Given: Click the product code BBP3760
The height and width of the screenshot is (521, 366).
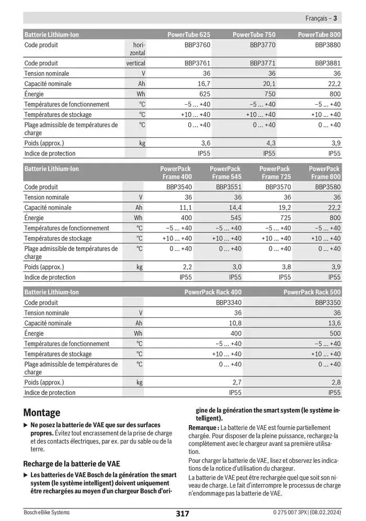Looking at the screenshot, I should [197, 45].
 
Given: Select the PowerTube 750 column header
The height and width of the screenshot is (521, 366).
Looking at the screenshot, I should [254, 35].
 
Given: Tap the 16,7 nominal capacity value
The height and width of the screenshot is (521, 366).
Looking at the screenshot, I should [203, 84].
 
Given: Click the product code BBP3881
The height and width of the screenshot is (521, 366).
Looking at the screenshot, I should [327, 63].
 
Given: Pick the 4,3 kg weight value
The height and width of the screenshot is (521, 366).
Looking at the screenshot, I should [270, 143].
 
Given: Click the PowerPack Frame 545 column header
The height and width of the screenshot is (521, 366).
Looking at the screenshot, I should [225, 173].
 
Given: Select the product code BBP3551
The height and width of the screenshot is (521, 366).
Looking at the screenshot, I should [228, 187].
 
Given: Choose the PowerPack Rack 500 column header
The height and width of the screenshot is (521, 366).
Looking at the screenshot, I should [312, 292].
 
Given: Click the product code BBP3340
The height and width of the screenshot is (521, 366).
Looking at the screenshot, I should [228, 303].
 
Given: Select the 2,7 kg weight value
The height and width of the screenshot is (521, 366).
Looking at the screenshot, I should [236, 383].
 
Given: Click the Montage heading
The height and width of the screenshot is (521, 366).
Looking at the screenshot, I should [42, 413].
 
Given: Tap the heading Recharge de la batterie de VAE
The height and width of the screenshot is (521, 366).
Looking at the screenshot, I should [72, 463].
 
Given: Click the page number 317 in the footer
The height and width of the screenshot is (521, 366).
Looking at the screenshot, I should [182, 514].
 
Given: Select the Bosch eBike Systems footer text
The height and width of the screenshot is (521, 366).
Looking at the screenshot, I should [47, 513].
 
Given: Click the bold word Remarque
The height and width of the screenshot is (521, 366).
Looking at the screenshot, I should [203, 428].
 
